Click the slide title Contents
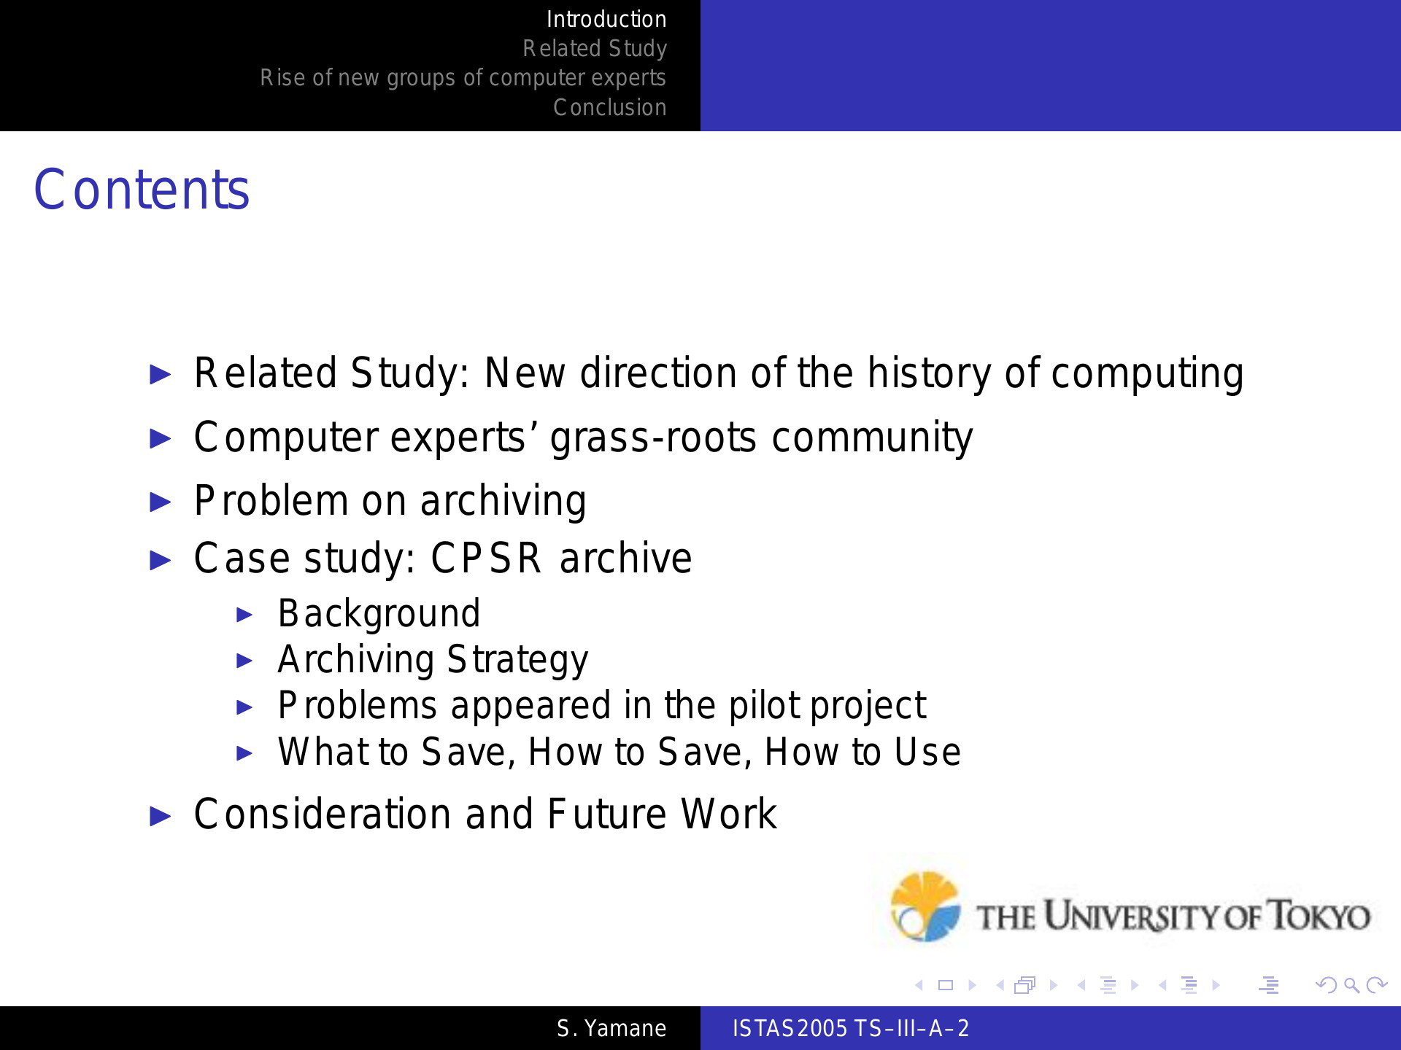point(142,190)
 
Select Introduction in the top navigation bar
point(606,19)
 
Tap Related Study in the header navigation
point(595,49)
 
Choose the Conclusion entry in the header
point(610,107)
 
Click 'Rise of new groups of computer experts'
point(463,78)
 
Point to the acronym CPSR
point(486,559)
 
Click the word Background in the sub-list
point(379,613)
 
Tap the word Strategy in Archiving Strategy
point(517,660)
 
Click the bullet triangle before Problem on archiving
point(160,502)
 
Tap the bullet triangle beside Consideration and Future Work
point(160,815)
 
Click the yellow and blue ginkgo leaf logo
point(925,906)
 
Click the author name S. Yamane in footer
point(611,1028)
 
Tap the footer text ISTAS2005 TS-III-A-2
point(851,1028)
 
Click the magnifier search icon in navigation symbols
point(1352,986)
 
